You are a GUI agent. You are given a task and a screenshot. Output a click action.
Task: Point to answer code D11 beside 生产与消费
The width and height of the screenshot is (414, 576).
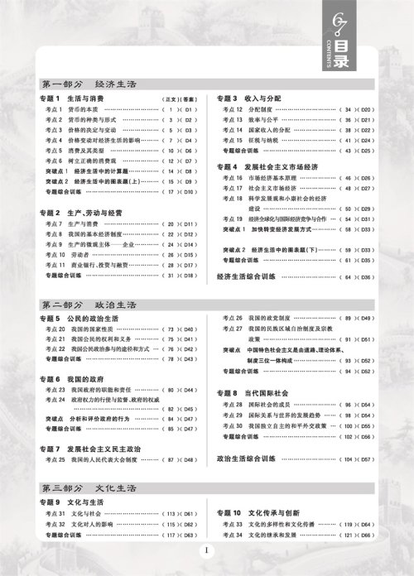tap(189, 224)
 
